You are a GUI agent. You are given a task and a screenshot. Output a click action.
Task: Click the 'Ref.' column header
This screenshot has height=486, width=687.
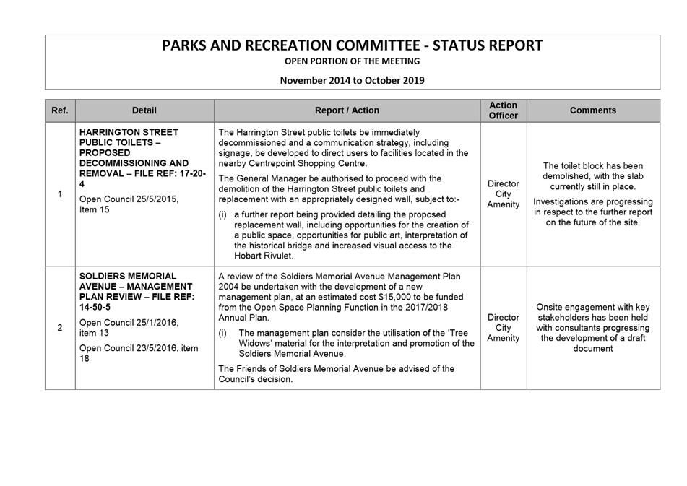click(x=60, y=110)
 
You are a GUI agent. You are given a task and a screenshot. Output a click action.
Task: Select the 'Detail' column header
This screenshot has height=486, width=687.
click(x=144, y=110)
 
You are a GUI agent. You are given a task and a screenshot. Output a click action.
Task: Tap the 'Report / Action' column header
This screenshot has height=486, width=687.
click(x=347, y=110)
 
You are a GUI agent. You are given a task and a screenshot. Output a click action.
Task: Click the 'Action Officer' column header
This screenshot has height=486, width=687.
click(x=503, y=110)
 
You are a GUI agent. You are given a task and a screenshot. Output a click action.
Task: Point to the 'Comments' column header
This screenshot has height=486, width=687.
click(x=592, y=110)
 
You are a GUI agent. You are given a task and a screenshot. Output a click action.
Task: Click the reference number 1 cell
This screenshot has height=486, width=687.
click(x=60, y=194)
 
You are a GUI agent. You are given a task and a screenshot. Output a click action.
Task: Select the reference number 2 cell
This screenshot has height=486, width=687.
click(x=60, y=328)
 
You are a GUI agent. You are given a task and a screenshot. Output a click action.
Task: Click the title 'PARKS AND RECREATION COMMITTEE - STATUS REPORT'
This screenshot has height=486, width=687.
click(x=352, y=45)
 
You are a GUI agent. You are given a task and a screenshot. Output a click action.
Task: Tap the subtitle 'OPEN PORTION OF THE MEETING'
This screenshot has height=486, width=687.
click(x=352, y=62)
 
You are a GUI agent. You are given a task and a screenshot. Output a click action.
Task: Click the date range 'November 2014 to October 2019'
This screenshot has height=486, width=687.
click(x=352, y=80)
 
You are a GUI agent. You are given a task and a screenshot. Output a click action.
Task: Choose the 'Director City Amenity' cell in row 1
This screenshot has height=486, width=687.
click(x=503, y=194)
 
